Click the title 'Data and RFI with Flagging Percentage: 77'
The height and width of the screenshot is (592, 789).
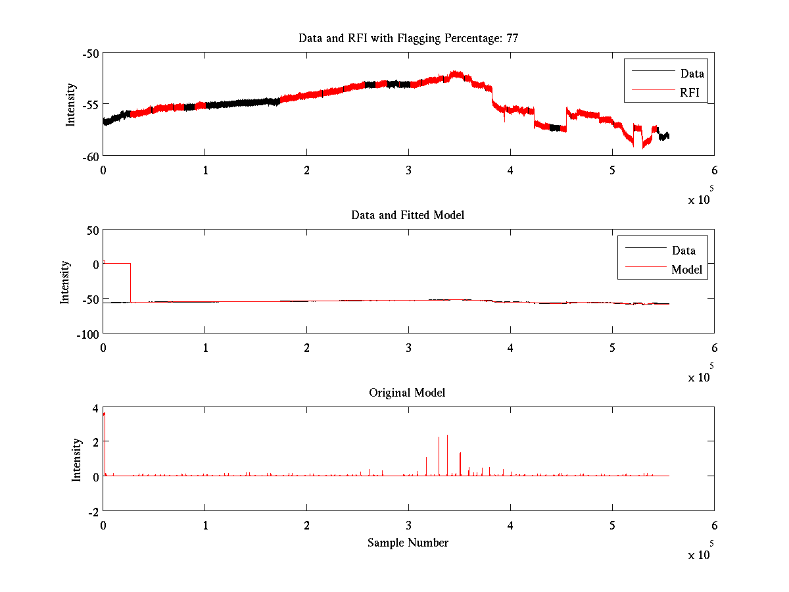[x=408, y=38]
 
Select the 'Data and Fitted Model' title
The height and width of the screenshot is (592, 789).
[x=408, y=215]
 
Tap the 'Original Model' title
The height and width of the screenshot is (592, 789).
[x=407, y=393]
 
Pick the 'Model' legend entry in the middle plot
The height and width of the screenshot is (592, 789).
[x=686, y=269]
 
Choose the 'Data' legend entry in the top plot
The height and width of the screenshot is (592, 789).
[x=692, y=74]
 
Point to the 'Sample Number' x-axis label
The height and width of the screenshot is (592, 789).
[x=408, y=543]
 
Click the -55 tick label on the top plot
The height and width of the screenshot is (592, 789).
[x=91, y=104]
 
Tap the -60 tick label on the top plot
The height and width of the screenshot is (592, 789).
[x=91, y=156]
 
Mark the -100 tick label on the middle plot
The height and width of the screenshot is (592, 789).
[x=87, y=333]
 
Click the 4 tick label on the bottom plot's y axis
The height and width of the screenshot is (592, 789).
[x=95, y=408]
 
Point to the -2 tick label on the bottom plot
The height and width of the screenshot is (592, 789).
[x=93, y=511]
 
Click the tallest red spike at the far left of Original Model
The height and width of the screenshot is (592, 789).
[x=104, y=414]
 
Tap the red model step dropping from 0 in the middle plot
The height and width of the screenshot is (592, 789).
[x=130, y=283]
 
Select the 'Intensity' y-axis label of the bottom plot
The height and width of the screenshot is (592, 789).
[x=76, y=459]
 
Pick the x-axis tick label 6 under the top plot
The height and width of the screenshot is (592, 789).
[x=714, y=170]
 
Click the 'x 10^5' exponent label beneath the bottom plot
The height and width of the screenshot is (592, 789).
[x=701, y=554]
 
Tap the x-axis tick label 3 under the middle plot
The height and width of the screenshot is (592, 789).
[x=408, y=347]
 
